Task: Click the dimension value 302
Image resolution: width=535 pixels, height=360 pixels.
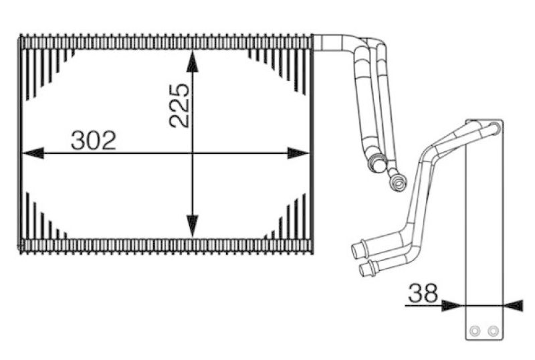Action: pos(94,141)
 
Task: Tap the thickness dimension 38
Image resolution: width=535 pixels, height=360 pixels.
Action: pos(423,292)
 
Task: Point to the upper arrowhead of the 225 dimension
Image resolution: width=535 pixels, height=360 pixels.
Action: pos(193,62)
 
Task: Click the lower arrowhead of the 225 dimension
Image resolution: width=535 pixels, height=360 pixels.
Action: pos(193,226)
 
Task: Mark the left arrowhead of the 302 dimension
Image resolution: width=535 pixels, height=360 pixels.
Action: pos(32,153)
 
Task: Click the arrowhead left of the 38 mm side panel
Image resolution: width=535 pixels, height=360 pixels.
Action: pos(453,305)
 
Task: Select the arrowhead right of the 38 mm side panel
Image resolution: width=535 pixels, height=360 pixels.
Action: pos(512,305)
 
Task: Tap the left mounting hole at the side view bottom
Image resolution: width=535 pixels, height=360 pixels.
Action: pos(475,331)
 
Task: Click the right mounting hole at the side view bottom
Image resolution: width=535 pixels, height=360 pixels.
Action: pos(493,331)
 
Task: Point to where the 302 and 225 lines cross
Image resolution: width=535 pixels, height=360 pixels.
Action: pos(193,153)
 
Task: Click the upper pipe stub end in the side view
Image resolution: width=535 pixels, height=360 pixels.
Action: pos(356,250)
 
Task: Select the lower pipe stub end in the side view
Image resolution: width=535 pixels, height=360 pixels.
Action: pos(364,269)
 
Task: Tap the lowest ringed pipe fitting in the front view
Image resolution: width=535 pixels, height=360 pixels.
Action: pos(399,180)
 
